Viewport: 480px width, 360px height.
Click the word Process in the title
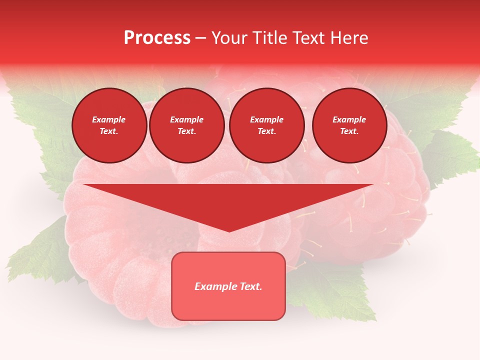pyautogui.click(x=157, y=38)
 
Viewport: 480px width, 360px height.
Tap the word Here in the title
pyautogui.click(x=349, y=38)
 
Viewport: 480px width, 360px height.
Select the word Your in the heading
pyautogui.click(x=228, y=38)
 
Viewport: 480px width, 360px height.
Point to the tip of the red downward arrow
pyautogui.click(x=229, y=230)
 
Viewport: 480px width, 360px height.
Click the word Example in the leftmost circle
pyautogui.click(x=109, y=119)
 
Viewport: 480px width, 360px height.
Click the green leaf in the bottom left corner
pyautogui.click(x=35, y=255)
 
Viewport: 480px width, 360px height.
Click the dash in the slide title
pyautogui.click(x=200, y=38)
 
